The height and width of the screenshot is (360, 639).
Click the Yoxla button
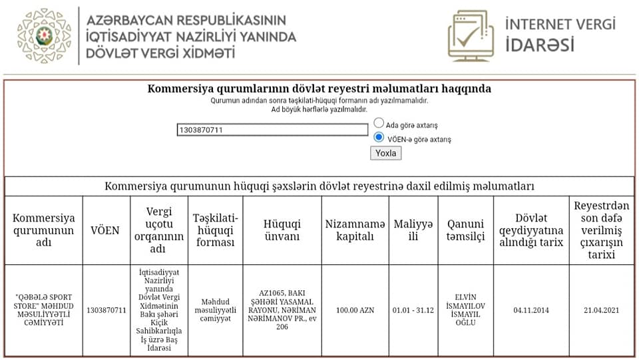pos(385,153)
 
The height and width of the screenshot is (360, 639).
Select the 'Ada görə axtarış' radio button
pos(379,123)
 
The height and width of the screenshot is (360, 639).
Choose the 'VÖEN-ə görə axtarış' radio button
pos(379,138)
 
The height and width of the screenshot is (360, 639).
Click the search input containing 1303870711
pos(272,130)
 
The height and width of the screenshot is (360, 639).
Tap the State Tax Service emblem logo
pos(44,36)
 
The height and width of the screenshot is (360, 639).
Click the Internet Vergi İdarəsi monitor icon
pos(473,37)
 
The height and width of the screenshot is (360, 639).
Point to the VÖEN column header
pos(105,230)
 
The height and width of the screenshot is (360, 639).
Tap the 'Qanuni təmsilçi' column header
pos(465,230)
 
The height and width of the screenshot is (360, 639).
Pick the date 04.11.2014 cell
pos(531,310)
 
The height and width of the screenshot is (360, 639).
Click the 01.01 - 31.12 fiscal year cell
pos(413,310)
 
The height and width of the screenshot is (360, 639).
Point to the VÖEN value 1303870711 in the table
pos(106,310)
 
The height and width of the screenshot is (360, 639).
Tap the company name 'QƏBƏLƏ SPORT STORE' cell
pos(44,310)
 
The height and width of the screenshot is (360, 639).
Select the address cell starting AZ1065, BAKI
pos(282,310)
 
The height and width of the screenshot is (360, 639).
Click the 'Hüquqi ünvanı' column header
pos(282,230)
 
